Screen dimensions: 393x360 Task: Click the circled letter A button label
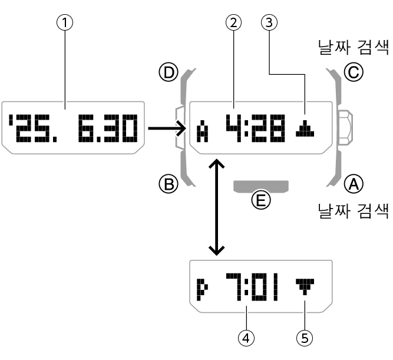tap(354, 185)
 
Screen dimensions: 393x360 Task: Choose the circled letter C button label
tap(354, 72)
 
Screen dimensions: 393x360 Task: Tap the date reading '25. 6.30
tap(74, 128)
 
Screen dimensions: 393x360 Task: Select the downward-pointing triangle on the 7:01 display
tap(305, 288)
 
